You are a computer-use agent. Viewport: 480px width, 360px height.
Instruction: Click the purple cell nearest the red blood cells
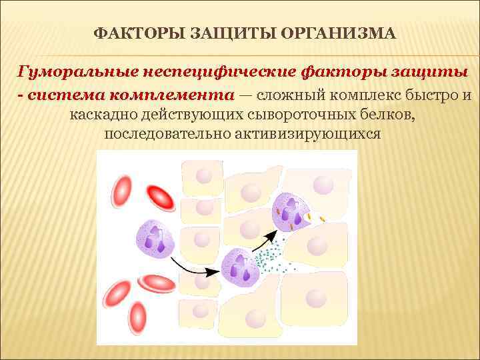tap(156, 238)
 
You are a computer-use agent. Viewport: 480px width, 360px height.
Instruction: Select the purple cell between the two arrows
tap(241, 267)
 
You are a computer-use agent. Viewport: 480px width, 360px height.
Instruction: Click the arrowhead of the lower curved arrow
tap(216, 271)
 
